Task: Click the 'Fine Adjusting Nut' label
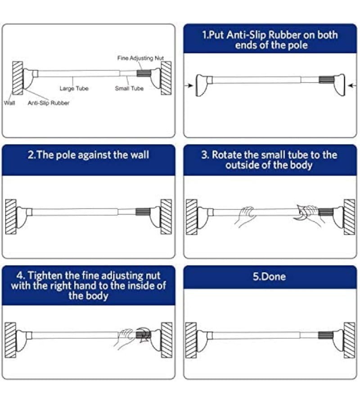coord(140,58)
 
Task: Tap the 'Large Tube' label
coord(74,89)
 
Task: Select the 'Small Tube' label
coord(129,89)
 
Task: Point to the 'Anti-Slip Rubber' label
coord(49,103)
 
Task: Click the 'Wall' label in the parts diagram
coord(9,103)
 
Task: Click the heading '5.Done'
coord(269,276)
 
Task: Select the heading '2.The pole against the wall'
coord(88,155)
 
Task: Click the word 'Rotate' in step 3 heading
coord(226,155)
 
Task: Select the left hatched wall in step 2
coord(11,216)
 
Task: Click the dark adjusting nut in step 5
coord(324,335)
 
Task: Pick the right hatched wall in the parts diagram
coord(166,77)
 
